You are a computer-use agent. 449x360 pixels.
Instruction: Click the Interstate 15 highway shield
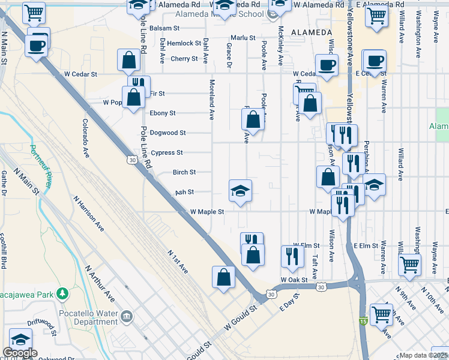pyautogui.click(x=362, y=322)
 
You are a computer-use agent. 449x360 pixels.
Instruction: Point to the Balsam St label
pyautogui.click(x=165, y=28)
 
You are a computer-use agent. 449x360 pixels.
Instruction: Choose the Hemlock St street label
pyautogui.click(x=184, y=43)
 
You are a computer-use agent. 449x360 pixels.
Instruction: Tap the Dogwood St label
pyautogui.click(x=167, y=133)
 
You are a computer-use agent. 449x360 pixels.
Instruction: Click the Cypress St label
pyautogui.click(x=167, y=152)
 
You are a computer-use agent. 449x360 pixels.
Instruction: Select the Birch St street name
pyautogui.click(x=184, y=172)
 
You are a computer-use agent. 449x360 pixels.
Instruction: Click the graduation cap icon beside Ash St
pyautogui.click(x=240, y=191)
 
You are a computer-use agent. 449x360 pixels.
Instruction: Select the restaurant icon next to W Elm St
pyautogui.click(x=292, y=256)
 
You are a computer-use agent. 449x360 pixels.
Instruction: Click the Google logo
pyautogui.click(x=20, y=353)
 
